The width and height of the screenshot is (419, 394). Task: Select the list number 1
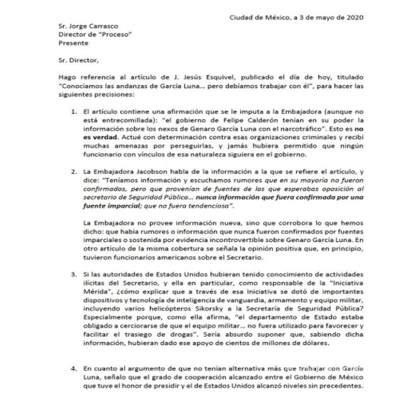coord(73,111)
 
